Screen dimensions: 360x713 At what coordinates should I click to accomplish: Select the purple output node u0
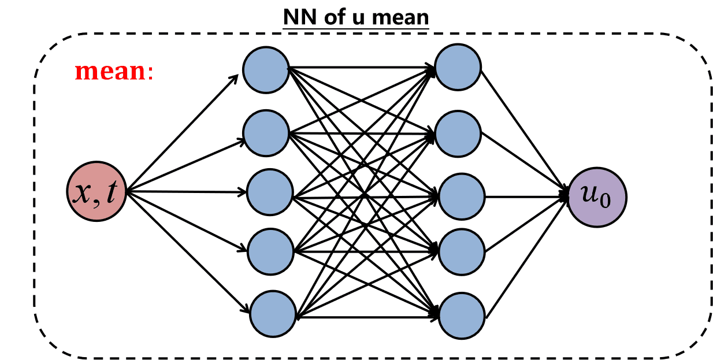pyautogui.click(x=597, y=197)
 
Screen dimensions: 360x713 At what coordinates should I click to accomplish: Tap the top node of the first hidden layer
pyautogui.click(x=266, y=69)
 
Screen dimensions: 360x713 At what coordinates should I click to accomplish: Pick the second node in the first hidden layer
pyautogui.click(x=266, y=133)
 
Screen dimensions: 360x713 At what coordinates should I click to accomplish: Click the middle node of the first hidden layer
pyautogui.click(x=270, y=192)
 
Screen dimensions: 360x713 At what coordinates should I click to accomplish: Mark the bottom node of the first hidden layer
pyautogui.click(x=272, y=313)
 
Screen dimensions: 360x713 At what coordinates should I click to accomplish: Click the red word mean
pyautogui.click(x=111, y=72)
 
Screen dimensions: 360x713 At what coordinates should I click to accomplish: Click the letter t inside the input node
pyautogui.click(x=113, y=194)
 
